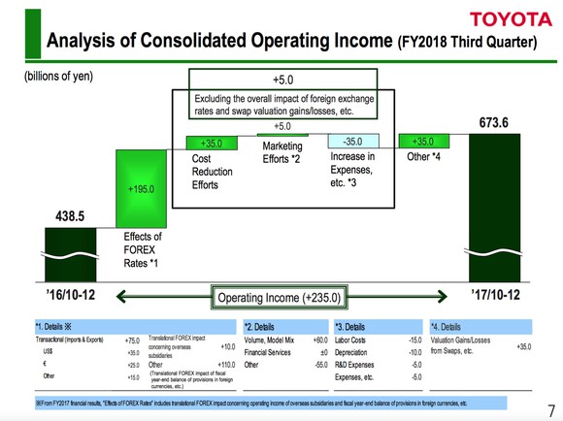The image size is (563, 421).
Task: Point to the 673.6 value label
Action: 495,123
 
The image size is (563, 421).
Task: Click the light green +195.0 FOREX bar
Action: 142,190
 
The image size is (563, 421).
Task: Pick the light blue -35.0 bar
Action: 352,142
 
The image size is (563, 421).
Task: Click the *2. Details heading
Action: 266,327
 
